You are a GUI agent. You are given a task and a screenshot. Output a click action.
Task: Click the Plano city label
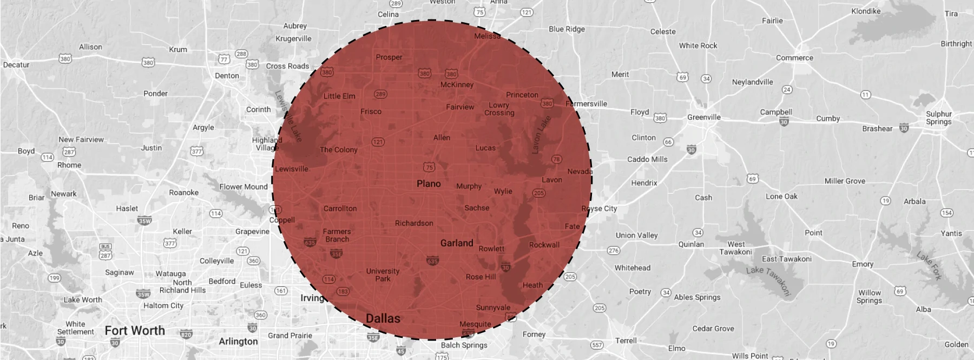coord(429,184)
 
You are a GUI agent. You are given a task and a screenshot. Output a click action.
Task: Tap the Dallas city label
coord(383,318)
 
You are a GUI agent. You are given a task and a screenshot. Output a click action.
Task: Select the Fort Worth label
coord(135,330)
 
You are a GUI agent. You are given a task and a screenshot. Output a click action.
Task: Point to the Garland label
coord(457,243)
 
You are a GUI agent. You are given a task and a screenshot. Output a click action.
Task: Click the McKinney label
coord(457,84)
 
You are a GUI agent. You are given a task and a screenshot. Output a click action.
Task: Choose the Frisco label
coord(371,112)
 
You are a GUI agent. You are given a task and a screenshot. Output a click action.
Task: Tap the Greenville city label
coord(704,117)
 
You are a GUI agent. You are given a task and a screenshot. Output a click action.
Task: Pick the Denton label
coord(227,76)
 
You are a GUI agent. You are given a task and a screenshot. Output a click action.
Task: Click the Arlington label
coord(238,341)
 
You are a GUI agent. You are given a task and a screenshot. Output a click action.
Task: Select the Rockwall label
coord(544,245)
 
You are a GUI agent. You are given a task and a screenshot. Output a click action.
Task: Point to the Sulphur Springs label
coord(939,118)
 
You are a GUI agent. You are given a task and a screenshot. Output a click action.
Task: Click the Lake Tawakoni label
coord(768,280)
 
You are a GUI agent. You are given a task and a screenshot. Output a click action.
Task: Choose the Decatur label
coord(16,65)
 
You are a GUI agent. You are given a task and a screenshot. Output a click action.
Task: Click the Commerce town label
coord(794,58)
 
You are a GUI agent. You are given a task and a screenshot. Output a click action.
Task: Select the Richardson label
coord(414,223)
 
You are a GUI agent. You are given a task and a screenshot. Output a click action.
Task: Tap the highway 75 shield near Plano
coord(429,167)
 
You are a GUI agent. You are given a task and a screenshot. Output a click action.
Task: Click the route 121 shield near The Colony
coord(378,142)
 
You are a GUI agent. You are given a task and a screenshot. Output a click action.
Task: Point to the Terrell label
coord(626,341)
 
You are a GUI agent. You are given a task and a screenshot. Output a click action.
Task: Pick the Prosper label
coord(389,57)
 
